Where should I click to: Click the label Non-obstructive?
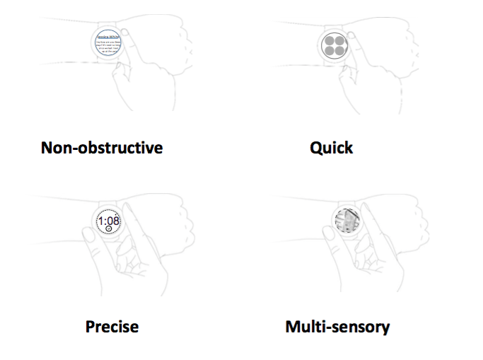click(102, 148)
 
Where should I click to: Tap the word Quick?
click(331, 148)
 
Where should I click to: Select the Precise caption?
click(112, 327)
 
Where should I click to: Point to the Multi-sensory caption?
click(337, 327)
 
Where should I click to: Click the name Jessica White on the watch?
click(109, 33)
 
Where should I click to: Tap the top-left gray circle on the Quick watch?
click(328, 40)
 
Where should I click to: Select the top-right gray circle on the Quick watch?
click(339, 40)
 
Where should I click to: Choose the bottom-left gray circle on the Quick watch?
click(328, 51)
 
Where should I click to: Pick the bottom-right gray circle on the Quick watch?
click(339, 51)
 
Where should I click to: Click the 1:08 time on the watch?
click(109, 221)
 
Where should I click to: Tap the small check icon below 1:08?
click(109, 229)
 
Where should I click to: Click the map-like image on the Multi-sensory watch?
click(347, 221)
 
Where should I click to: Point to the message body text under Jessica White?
click(109, 47)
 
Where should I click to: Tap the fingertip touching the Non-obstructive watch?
click(125, 33)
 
